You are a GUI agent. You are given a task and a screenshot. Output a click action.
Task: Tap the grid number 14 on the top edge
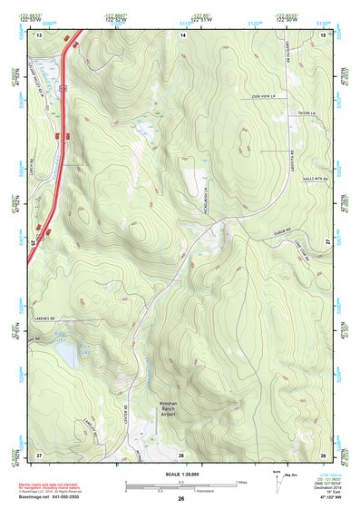182,34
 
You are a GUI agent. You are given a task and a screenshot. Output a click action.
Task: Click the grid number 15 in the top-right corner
323,34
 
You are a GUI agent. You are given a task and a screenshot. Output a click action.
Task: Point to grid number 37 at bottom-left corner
39,454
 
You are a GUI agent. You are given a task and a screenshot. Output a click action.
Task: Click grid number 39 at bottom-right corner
323,454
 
